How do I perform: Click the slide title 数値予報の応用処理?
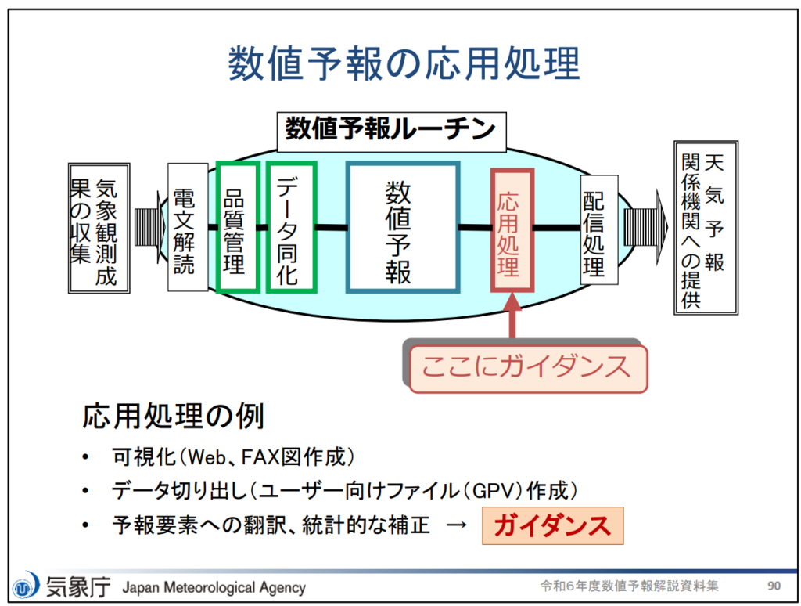point(404,63)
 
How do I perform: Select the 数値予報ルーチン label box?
point(391,132)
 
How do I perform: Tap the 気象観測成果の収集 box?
point(99,228)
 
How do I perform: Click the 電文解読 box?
point(188,227)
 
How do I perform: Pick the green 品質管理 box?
point(238,227)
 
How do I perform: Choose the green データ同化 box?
point(291,227)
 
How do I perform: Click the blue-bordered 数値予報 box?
point(403,227)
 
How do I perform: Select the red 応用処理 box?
point(512,230)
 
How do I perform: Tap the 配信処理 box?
point(599,229)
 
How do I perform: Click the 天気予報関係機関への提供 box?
point(706,228)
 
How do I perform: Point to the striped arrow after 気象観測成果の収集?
point(149,226)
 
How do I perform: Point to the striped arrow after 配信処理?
point(645,227)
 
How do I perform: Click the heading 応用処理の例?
point(173,417)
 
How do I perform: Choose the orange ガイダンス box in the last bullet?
point(553,525)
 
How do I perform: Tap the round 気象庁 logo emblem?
point(26,586)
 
